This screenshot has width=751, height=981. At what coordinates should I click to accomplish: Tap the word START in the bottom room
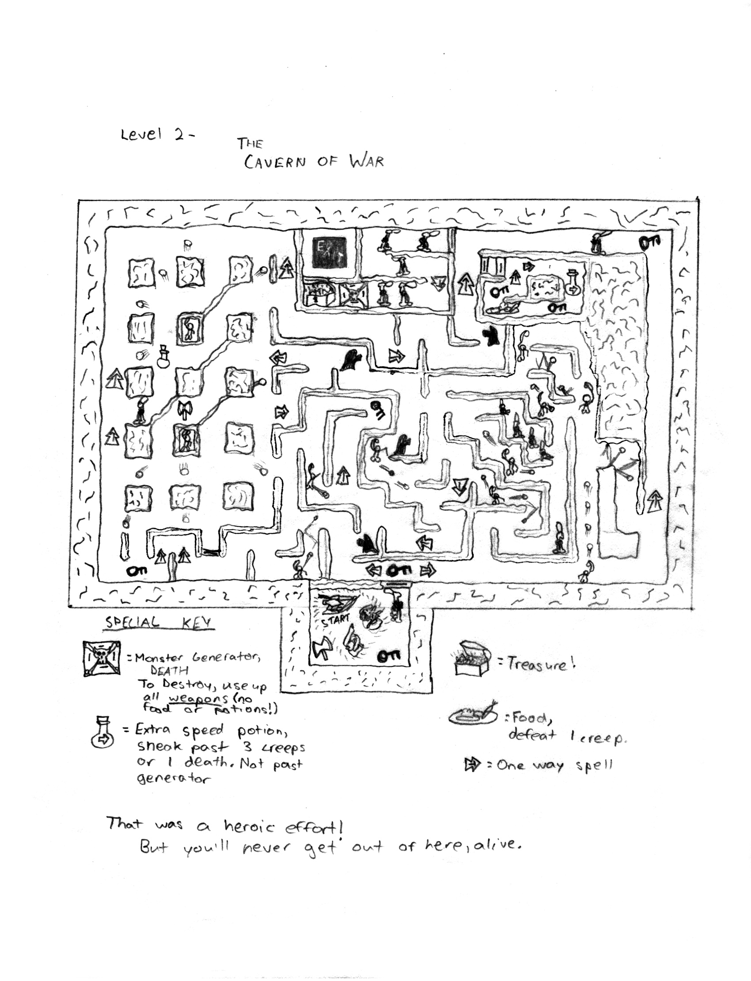335,620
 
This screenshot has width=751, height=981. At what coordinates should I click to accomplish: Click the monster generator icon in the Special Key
102,658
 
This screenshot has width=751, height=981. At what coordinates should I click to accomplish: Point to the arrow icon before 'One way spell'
472,765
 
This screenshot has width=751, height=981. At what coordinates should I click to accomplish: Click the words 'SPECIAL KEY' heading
159,623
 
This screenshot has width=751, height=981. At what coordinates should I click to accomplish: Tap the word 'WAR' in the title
367,161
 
